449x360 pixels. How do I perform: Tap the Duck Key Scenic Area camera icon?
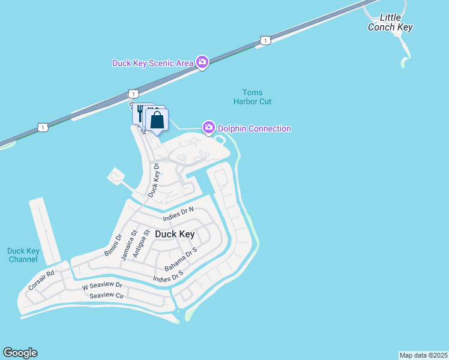pos(202,62)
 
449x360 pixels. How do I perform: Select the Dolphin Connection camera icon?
pos(209,127)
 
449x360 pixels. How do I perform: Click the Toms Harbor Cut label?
pos(253,97)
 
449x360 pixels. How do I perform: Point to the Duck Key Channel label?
pos(23,255)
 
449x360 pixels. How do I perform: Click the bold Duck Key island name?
pos(175,234)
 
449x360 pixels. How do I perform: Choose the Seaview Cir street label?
pos(106,296)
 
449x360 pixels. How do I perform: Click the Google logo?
pos(20,353)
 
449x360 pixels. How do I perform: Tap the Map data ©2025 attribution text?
pos(423,355)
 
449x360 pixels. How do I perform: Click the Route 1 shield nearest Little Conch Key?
pos(265,40)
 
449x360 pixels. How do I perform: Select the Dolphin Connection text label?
pos(255,128)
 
